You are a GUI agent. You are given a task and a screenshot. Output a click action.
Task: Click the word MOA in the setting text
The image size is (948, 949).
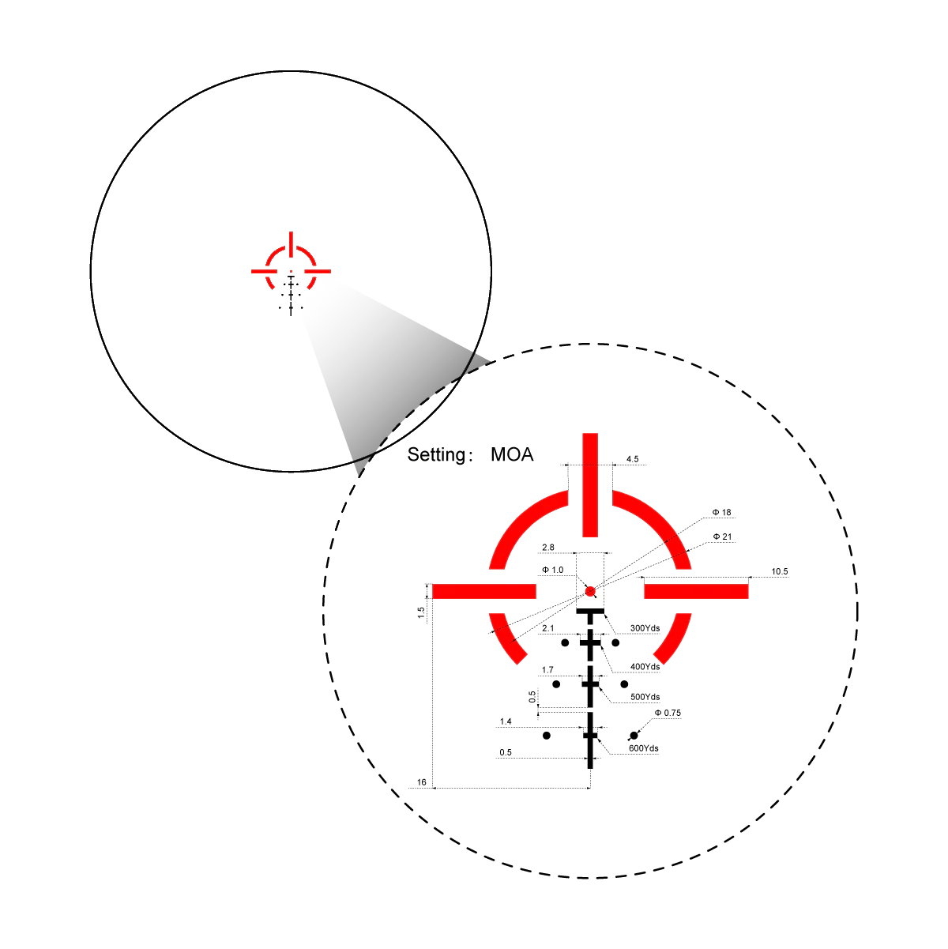[512, 454]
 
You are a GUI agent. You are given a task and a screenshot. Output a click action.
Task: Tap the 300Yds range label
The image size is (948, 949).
[645, 628]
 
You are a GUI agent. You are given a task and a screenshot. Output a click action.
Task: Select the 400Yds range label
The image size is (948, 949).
[645, 666]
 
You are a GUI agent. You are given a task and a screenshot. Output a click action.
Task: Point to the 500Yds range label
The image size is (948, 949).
[645, 697]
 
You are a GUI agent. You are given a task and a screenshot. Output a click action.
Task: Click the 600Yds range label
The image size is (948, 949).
[643, 748]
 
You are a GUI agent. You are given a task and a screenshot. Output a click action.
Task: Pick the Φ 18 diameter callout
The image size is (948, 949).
[721, 512]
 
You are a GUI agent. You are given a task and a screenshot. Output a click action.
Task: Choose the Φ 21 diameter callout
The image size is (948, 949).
[722, 537]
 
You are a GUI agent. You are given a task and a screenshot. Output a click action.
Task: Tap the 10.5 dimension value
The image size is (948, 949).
[780, 571]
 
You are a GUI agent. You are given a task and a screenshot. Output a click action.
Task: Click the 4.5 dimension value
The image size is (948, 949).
[632, 459]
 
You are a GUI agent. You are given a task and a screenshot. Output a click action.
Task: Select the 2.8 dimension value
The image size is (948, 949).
[548, 547]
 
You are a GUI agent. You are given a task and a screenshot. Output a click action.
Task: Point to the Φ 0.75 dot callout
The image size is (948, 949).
[668, 713]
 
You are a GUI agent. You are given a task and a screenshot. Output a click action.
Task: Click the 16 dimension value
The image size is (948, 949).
[422, 782]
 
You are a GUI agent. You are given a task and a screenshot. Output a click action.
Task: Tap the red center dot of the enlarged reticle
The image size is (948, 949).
[590, 591]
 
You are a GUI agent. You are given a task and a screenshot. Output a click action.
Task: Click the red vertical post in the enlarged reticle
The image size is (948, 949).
[590, 485]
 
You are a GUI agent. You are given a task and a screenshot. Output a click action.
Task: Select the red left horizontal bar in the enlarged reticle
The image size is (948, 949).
[483, 591]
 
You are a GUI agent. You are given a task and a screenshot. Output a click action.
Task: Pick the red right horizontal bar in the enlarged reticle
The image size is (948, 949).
[696, 591]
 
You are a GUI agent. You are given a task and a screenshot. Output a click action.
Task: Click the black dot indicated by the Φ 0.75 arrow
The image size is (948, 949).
[634, 736]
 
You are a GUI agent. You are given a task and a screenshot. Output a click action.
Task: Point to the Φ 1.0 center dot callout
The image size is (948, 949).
[552, 570]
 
